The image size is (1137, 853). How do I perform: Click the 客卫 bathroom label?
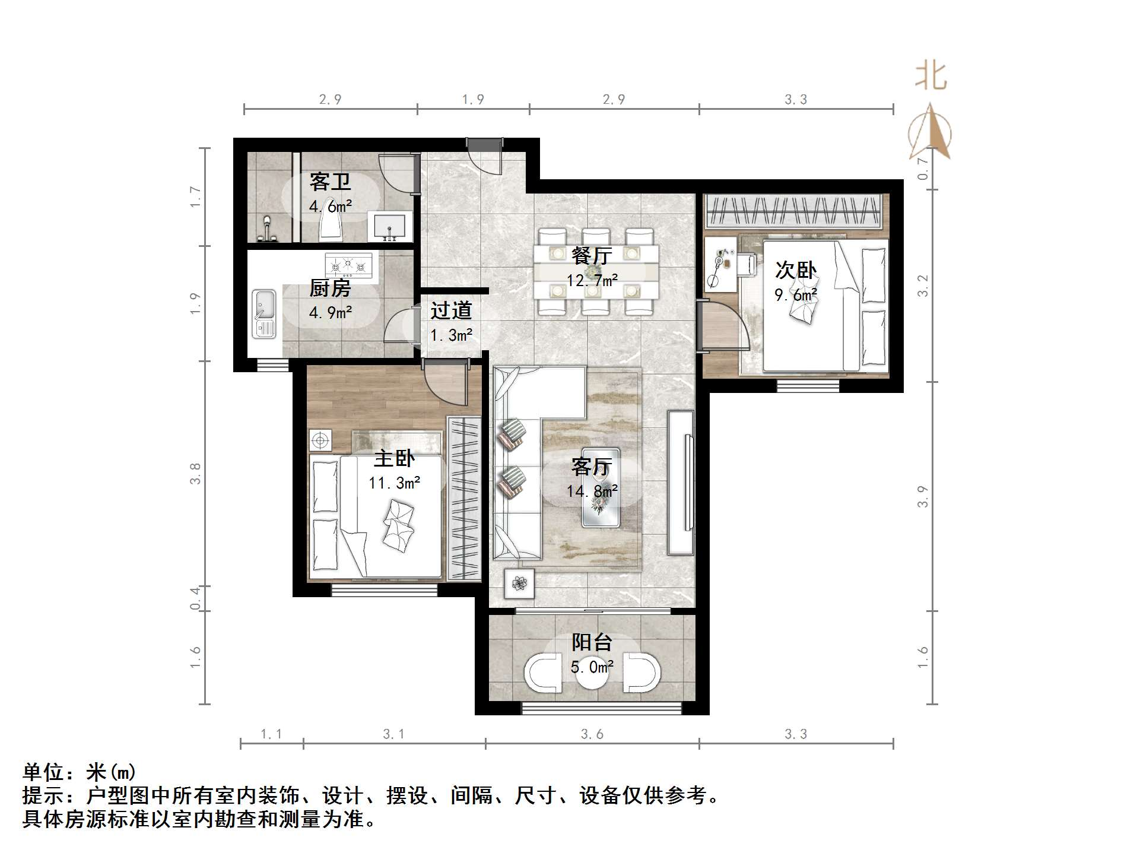click(330, 181)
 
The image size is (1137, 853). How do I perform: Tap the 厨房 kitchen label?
click(330, 288)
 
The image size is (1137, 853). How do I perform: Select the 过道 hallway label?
click(451, 310)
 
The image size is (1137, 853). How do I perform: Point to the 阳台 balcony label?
click(591, 642)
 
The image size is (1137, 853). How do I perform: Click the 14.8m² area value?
click(592, 491)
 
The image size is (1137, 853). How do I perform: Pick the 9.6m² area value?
click(796, 295)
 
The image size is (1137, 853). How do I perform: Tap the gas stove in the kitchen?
click(348, 265)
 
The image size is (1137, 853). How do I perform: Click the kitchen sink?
click(263, 313)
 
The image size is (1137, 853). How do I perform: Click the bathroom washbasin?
click(390, 227)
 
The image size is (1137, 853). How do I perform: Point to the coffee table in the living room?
click(601, 487)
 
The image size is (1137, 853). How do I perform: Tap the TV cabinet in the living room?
click(681, 482)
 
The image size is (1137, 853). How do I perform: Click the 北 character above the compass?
click(930, 77)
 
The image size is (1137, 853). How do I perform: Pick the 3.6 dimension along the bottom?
click(592, 734)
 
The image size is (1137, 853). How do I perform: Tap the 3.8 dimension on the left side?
click(195, 474)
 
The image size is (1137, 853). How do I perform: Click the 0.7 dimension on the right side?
click(922, 168)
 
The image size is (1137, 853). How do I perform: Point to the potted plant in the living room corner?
click(519, 584)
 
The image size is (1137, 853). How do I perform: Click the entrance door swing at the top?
click(485, 156)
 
